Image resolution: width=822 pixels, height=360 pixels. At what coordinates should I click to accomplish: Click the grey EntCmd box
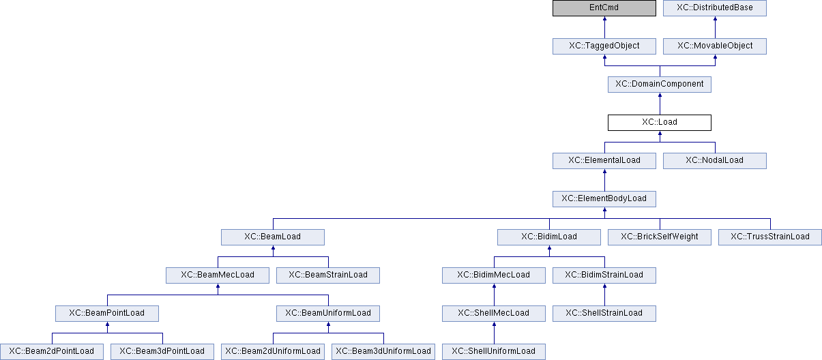(x=604, y=8)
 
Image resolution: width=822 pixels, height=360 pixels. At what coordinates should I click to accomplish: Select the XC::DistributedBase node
(x=714, y=8)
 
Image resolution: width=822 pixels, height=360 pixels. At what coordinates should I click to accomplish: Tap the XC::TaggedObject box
(x=604, y=46)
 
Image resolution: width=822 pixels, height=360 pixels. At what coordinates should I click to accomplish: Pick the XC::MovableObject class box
(x=714, y=46)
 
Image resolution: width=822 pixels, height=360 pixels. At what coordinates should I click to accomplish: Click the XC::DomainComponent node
(x=660, y=85)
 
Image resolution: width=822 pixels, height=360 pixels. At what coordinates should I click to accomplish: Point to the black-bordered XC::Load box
(x=660, y=123)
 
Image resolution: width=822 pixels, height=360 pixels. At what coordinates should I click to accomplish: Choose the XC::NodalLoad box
(x=714, y=161)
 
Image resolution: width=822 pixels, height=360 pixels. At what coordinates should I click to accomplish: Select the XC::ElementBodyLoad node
(x=604, y=198)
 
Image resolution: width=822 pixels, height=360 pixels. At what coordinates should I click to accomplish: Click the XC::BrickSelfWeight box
(x=660, y=237)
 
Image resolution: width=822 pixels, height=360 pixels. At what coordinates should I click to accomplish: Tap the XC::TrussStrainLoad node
(x=770, y=237)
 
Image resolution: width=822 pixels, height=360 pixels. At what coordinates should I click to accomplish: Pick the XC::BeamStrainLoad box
(x=328, y=275)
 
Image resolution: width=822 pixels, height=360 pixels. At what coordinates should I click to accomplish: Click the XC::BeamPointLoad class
(x=107, y=314)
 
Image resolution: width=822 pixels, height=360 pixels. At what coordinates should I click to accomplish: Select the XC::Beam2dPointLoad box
(x=52, y=352)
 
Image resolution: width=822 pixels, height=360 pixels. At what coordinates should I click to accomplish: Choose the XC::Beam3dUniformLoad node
(x=383, y=352)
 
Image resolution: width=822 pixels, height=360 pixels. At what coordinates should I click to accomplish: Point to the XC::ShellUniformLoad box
(x=494, y=352)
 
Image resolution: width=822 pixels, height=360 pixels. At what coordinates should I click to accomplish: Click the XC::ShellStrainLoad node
(x=604, y=314)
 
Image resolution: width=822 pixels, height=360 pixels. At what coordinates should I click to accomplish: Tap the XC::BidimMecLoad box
(x=494, y=275)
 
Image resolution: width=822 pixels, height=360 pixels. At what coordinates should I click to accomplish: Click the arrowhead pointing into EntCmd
(x=604, y=18)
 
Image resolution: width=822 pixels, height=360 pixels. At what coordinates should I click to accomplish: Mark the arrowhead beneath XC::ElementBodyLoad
(x=604, y=209)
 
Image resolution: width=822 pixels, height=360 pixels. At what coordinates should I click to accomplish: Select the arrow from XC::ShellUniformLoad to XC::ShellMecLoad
(x=494, y=333)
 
